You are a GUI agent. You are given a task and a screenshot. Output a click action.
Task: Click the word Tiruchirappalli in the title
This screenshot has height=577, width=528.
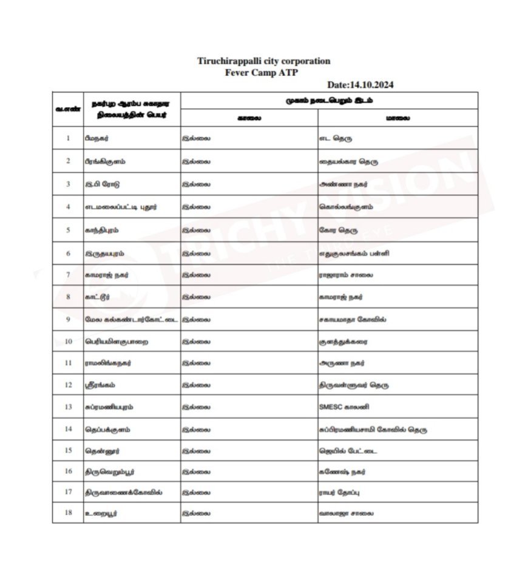232,61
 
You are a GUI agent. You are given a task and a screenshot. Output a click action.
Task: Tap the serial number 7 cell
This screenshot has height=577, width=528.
69,275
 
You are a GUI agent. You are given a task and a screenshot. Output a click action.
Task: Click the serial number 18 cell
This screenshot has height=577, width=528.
69,513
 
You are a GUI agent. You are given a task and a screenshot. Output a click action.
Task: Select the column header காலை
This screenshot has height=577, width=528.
249,118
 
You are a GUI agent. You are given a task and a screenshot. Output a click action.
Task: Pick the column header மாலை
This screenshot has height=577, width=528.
398,118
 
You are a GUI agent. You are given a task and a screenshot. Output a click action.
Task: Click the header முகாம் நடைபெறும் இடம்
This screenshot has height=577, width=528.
328,100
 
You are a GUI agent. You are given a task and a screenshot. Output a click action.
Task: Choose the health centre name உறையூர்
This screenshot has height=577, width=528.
101,513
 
